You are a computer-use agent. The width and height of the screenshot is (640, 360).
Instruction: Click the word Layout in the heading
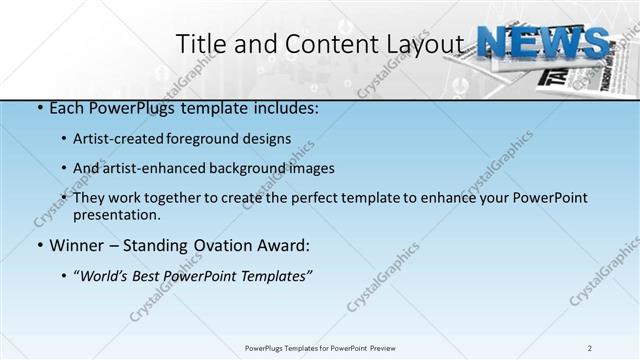click(425, 44)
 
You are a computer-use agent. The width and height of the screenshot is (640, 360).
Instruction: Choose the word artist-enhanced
click(148, 168)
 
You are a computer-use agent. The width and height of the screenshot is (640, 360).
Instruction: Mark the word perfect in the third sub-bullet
click(307, 198)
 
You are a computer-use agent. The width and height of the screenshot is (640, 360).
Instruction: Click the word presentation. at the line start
click(116, 214)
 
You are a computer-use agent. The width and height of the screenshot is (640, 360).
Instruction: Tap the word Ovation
click(211, 245)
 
